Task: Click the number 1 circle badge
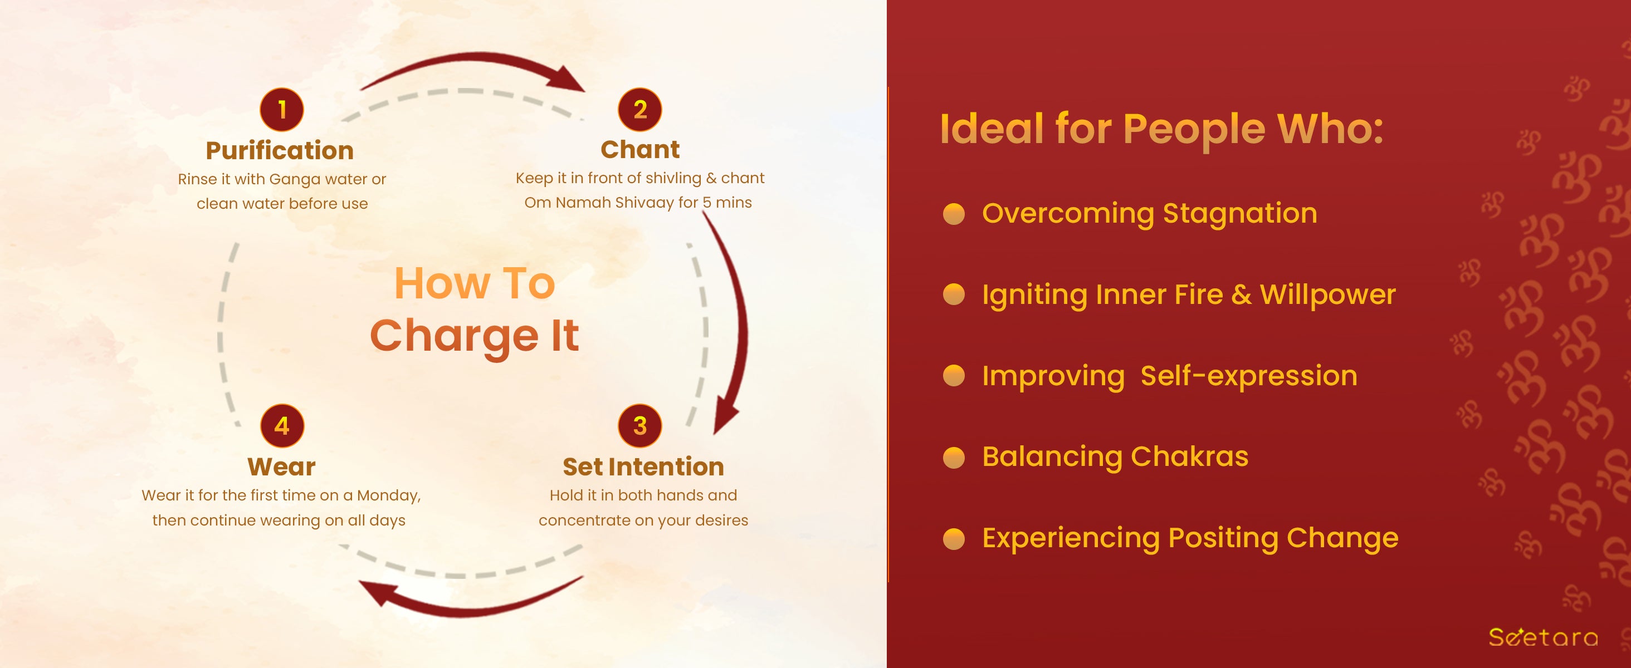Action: click(x=282, y=110)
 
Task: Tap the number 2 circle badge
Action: click(x=640, y=110)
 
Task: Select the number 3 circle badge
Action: click(x=640, y=426)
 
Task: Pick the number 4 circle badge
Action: click(x=282, y=426)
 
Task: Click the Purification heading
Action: click(x=280, y=150)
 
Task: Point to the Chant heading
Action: click(x=640, y=150)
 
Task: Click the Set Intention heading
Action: click(x=643, y=467)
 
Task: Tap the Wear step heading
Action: click(x=282, y=467)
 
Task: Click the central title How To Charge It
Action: click(x=475, y=310)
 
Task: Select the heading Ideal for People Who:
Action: click(x=1162, y=129)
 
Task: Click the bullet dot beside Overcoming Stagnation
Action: click(x=954, y=214)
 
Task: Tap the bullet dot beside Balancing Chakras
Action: click(x=954, y=458)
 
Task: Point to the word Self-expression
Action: click(x=1249, y=376)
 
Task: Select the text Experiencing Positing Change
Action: click(x=1190, y=538)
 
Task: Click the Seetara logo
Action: click(x=1543, y=636)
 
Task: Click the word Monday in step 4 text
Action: click(x=388, y=496)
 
